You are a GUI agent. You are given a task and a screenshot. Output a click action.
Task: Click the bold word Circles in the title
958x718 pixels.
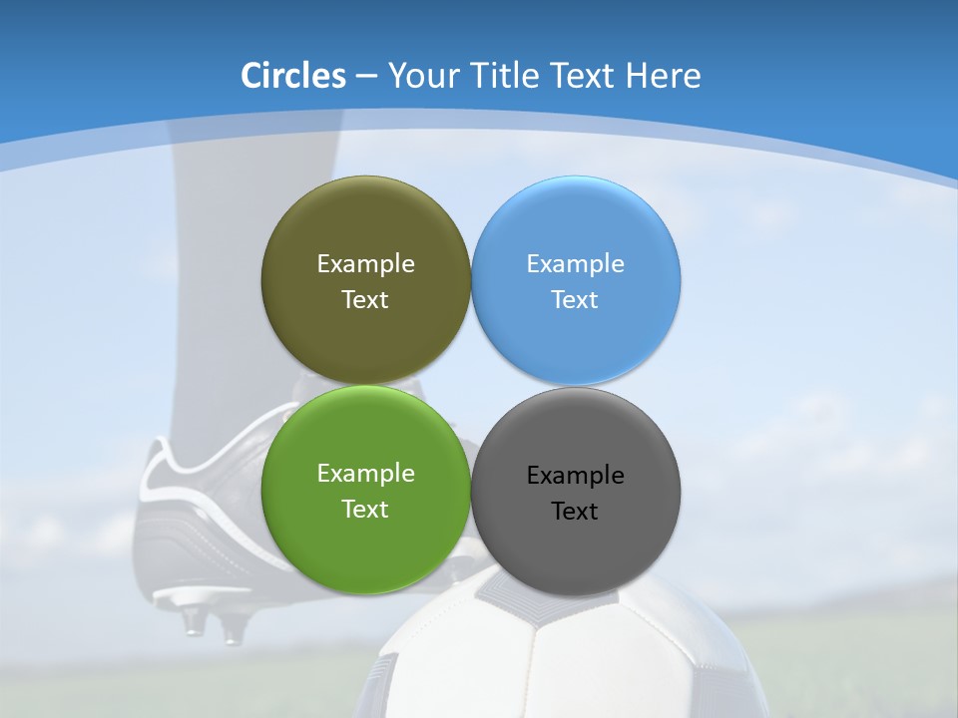(292, 76)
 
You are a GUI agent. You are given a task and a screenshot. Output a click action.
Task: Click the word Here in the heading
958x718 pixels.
(664, 76)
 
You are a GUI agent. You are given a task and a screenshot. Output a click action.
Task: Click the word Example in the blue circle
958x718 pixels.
(576, 264)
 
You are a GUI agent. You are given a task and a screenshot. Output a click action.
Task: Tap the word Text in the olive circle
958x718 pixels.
(365, 300)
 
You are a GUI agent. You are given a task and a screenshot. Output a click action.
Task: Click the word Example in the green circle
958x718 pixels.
(365, 474)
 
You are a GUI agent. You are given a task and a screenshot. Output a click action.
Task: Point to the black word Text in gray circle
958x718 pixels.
(575, 512)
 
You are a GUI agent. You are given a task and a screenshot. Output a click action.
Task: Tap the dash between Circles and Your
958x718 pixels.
(366, 76)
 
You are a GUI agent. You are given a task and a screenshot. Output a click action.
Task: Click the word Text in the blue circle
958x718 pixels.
(576, 300)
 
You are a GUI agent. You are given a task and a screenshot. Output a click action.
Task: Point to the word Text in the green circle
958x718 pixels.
(365, 510)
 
